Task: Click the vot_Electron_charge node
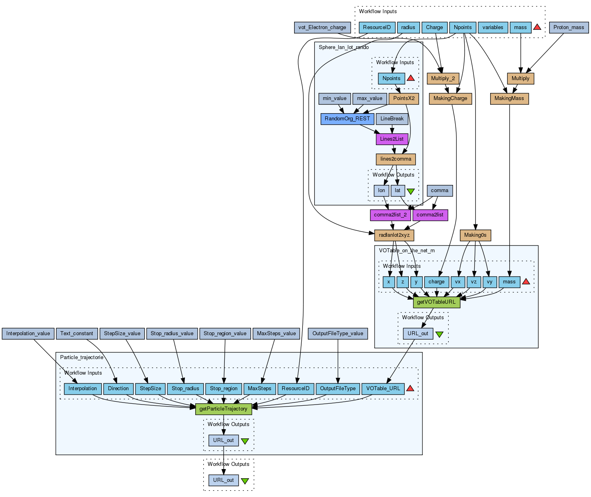coord(322,28)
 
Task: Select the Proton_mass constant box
coord(569,28)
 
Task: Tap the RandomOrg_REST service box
coord(347,119)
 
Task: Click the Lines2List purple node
coord(392,139)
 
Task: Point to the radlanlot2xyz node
coord(394,235)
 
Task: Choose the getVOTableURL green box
coord(436,302)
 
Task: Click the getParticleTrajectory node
coord(224,409)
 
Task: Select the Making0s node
coord(475,235)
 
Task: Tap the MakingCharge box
coord(450,98)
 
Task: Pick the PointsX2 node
coord(404,98)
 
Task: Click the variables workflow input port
coord(493,28)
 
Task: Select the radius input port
coord(408,28)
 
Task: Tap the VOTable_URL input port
coord(383,389)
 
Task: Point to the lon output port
coord(381,191)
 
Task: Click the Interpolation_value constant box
coord(28,334)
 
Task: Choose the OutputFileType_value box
coord(338,334)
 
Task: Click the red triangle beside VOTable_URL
coord(410,389)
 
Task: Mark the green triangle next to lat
coord(410,191)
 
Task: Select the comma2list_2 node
coord(390,215)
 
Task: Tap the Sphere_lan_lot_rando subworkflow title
coord(344,47)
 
